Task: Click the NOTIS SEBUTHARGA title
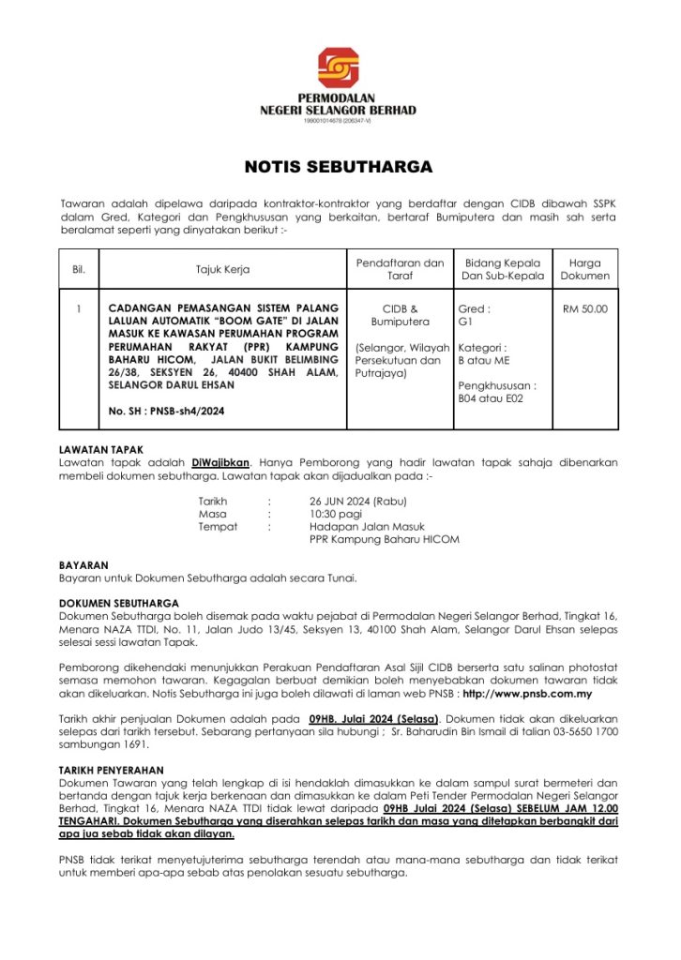tap(339, 168)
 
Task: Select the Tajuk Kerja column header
tap(222, 270)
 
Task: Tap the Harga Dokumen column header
tap(584, 270)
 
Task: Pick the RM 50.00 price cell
tap(584, 308)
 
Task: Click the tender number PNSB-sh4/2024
tap(167, 411)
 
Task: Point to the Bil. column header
tap(79, 270)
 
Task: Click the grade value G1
tap(465, 322)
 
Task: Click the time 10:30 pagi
tap(335, 514)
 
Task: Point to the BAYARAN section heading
tap(83, 565)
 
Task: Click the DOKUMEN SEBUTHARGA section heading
tap(119, 603)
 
